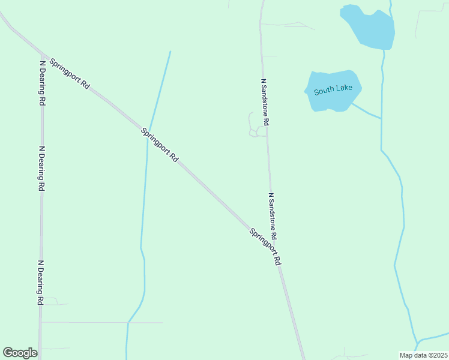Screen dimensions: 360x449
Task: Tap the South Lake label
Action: click(333, 90)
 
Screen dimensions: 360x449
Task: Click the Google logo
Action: click(20, 353)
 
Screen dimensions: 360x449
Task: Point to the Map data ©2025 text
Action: click(424, 355)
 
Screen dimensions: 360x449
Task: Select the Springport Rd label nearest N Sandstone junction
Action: click(265, 247)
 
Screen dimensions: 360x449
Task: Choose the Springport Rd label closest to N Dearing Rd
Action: click(70, 74)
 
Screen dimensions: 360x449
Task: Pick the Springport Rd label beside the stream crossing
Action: click(160, 145)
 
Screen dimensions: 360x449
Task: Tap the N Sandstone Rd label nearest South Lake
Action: click(265, 101)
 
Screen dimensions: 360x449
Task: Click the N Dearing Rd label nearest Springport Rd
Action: click(42, 83)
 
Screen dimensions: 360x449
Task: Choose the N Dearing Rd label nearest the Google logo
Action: click(41, 282)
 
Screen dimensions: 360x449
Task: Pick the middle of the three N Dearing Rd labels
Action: click(41, 169)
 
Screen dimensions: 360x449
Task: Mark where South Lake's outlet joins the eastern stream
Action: click(381, 118)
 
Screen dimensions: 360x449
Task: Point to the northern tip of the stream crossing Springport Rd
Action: click(170, 52)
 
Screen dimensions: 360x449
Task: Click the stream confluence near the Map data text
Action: click(416, 340)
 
